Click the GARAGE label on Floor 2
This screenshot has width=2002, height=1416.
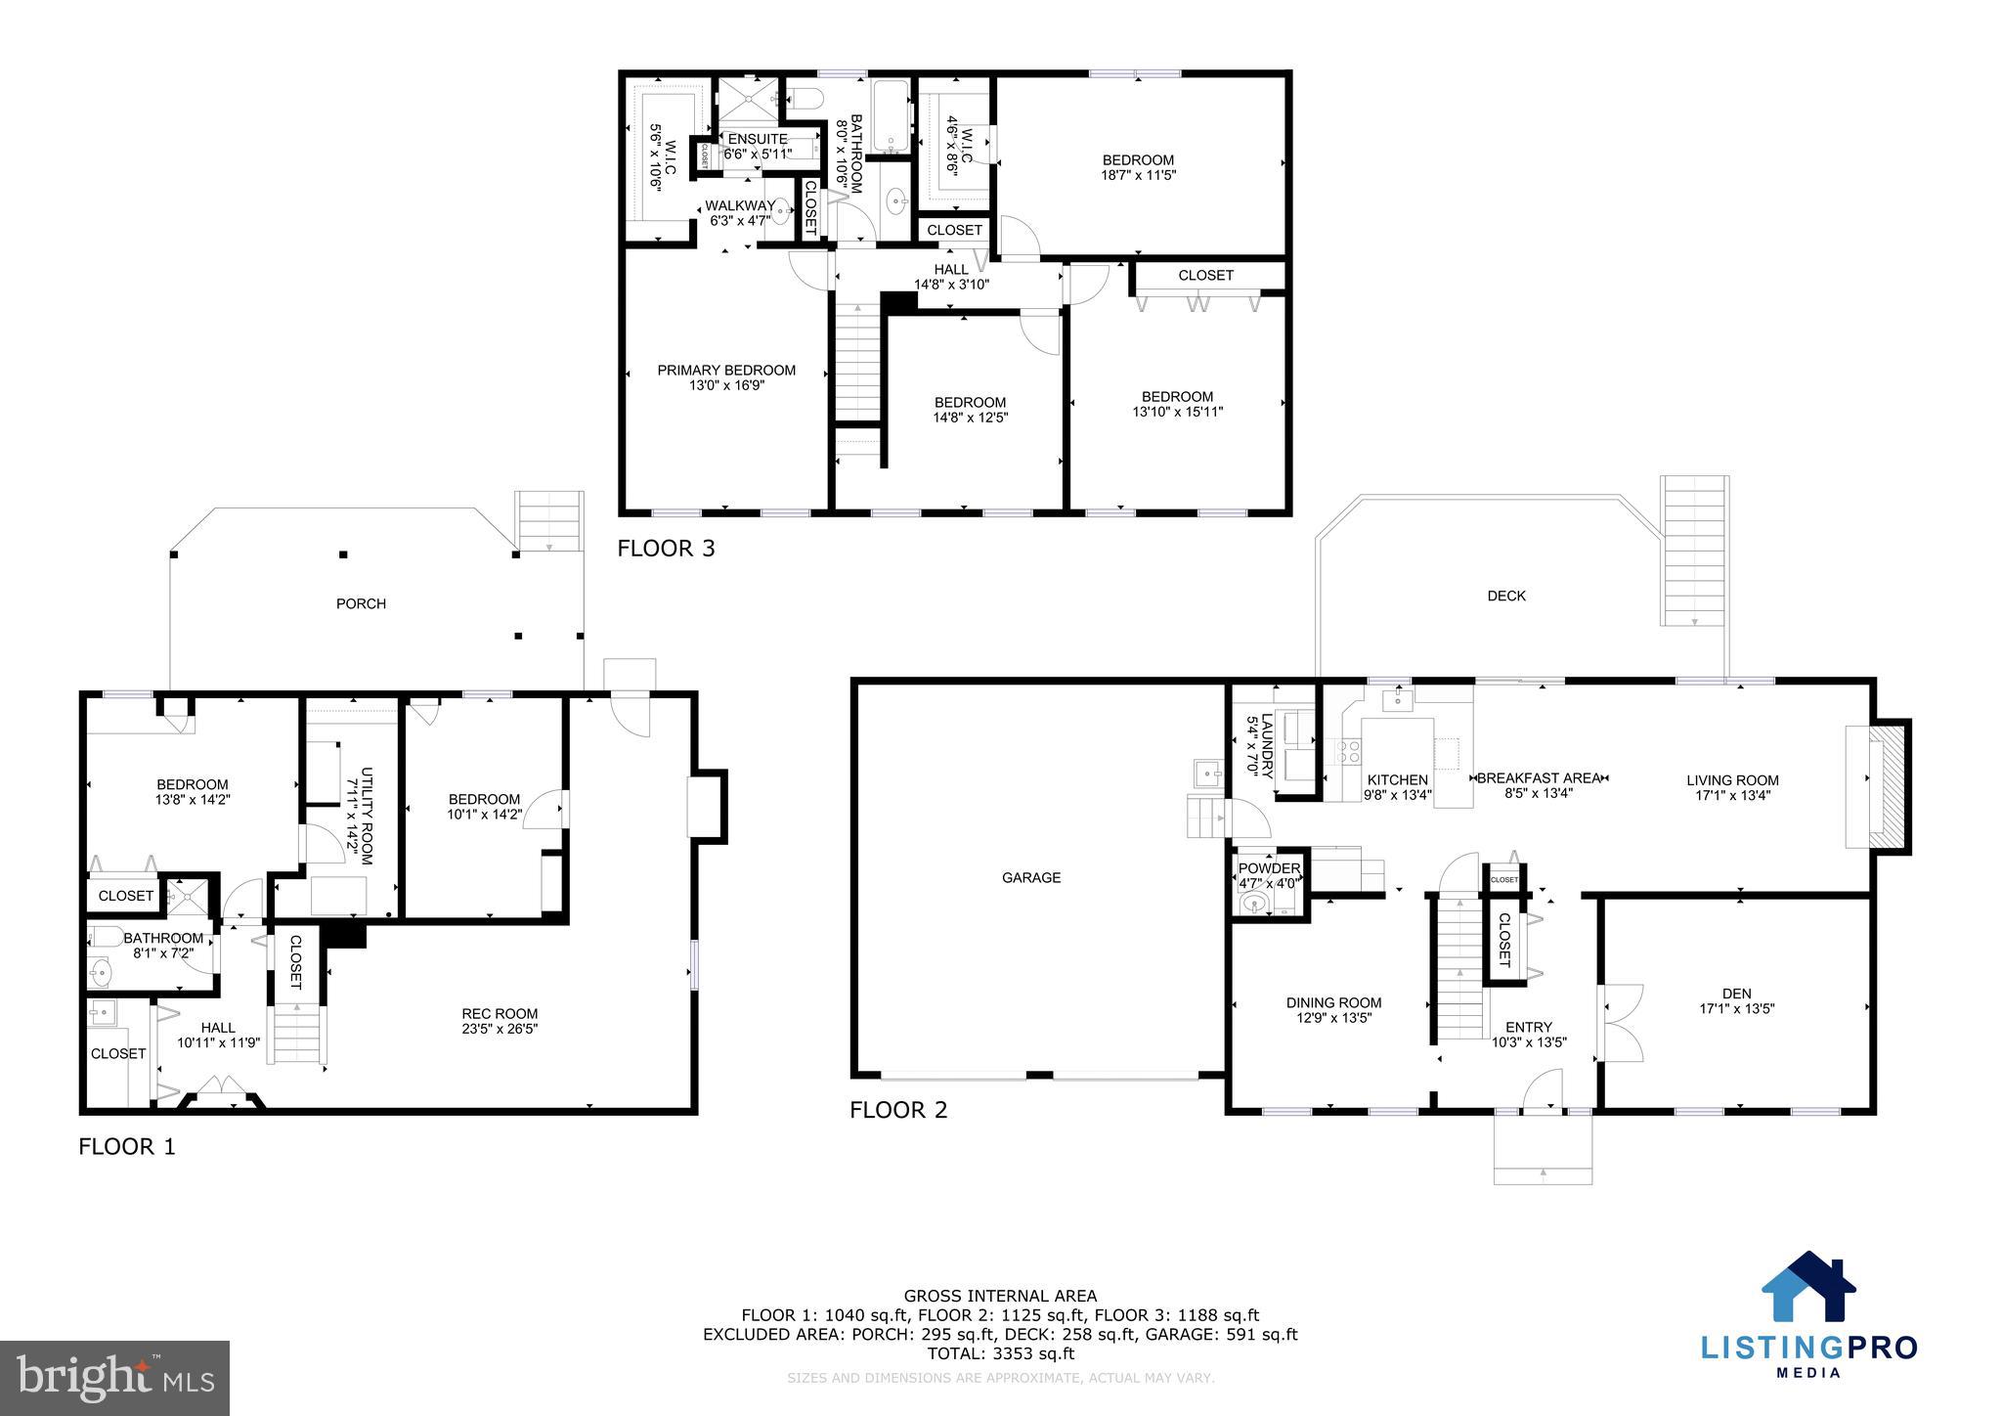1030,878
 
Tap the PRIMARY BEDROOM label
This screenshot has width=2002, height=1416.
725,371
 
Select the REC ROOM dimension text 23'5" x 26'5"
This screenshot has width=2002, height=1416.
500,1029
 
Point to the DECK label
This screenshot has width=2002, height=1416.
1505,596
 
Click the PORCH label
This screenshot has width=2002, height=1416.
361,603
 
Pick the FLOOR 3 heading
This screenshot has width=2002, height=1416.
666,549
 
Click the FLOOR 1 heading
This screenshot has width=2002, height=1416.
127,1146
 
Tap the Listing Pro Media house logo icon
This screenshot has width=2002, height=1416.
1807,1287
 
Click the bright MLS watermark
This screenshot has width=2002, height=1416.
115,1378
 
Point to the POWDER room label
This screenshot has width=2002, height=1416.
1269,868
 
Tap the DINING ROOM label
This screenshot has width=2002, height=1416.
1333,1002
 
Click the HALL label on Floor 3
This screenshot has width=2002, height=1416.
950,269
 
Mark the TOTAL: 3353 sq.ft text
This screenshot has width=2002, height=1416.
1000,1354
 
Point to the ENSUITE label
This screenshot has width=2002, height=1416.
757,139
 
